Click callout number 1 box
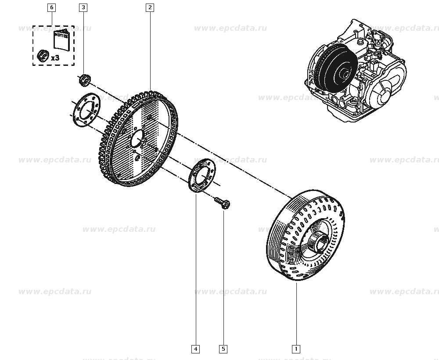(x=296, y=349)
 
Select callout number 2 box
(x=150, y=7)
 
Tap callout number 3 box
(x=83, y=7)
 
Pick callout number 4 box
(x=195, y=349)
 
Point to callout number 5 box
(x=223, y=349)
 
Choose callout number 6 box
(x=52, y=7)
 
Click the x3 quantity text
(x=55, y=58)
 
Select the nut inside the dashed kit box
(x=42, y=55)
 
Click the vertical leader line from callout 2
(x=150, y=48)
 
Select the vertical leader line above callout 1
(x=296, y=314)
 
